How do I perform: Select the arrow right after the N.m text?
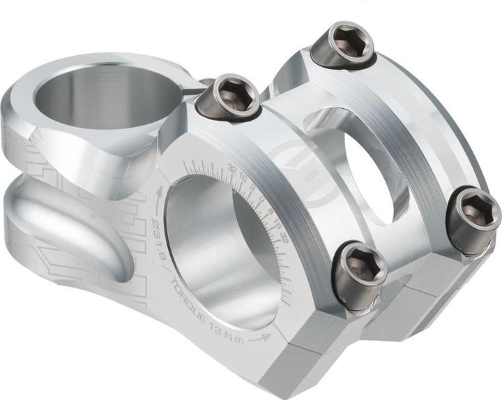tap(263, 338)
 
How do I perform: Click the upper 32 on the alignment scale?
tap(232, 168)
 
